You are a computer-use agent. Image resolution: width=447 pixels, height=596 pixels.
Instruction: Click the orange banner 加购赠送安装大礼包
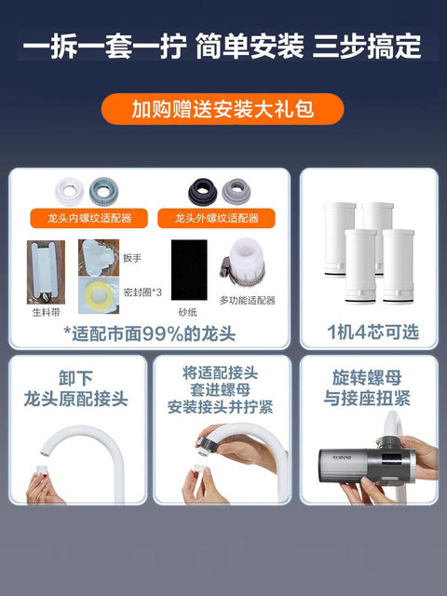(x=223, y=109)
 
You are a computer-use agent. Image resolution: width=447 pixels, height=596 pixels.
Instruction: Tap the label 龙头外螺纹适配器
(x=219, y=219)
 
